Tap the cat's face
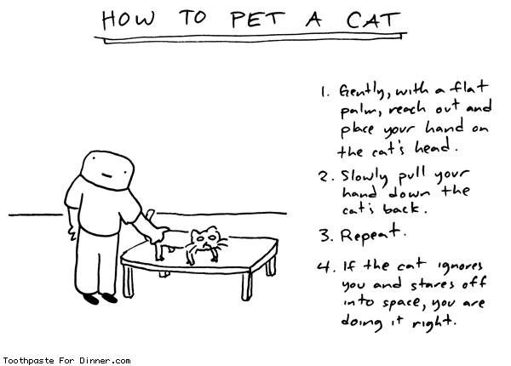(204, 239)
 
